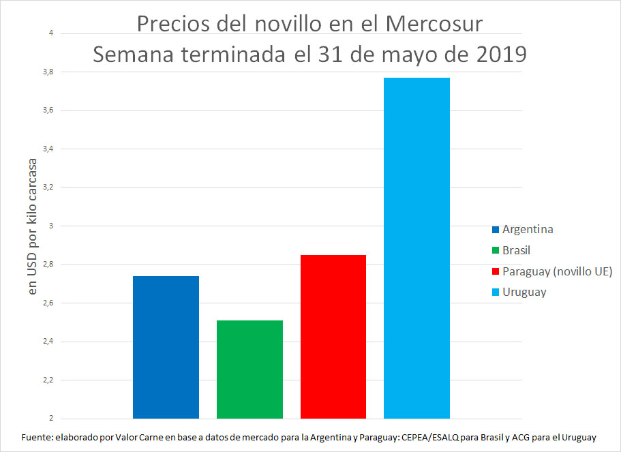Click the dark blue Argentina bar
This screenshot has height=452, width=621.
(x=166, y=347)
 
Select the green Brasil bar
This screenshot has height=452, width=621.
(x=249, y=369)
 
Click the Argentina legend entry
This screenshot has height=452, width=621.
(x=527, y=229)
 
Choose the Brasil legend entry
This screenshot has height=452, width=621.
(x=516, y=250)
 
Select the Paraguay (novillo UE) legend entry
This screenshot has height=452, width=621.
(x=557, y=271)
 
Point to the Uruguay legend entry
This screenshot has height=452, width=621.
(x=524, y=292)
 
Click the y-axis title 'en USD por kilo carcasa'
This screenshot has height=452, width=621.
(x=33, y=226)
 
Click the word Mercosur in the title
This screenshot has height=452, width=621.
(x=434, y=24)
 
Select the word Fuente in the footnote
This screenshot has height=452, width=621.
(x=37, y=437)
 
